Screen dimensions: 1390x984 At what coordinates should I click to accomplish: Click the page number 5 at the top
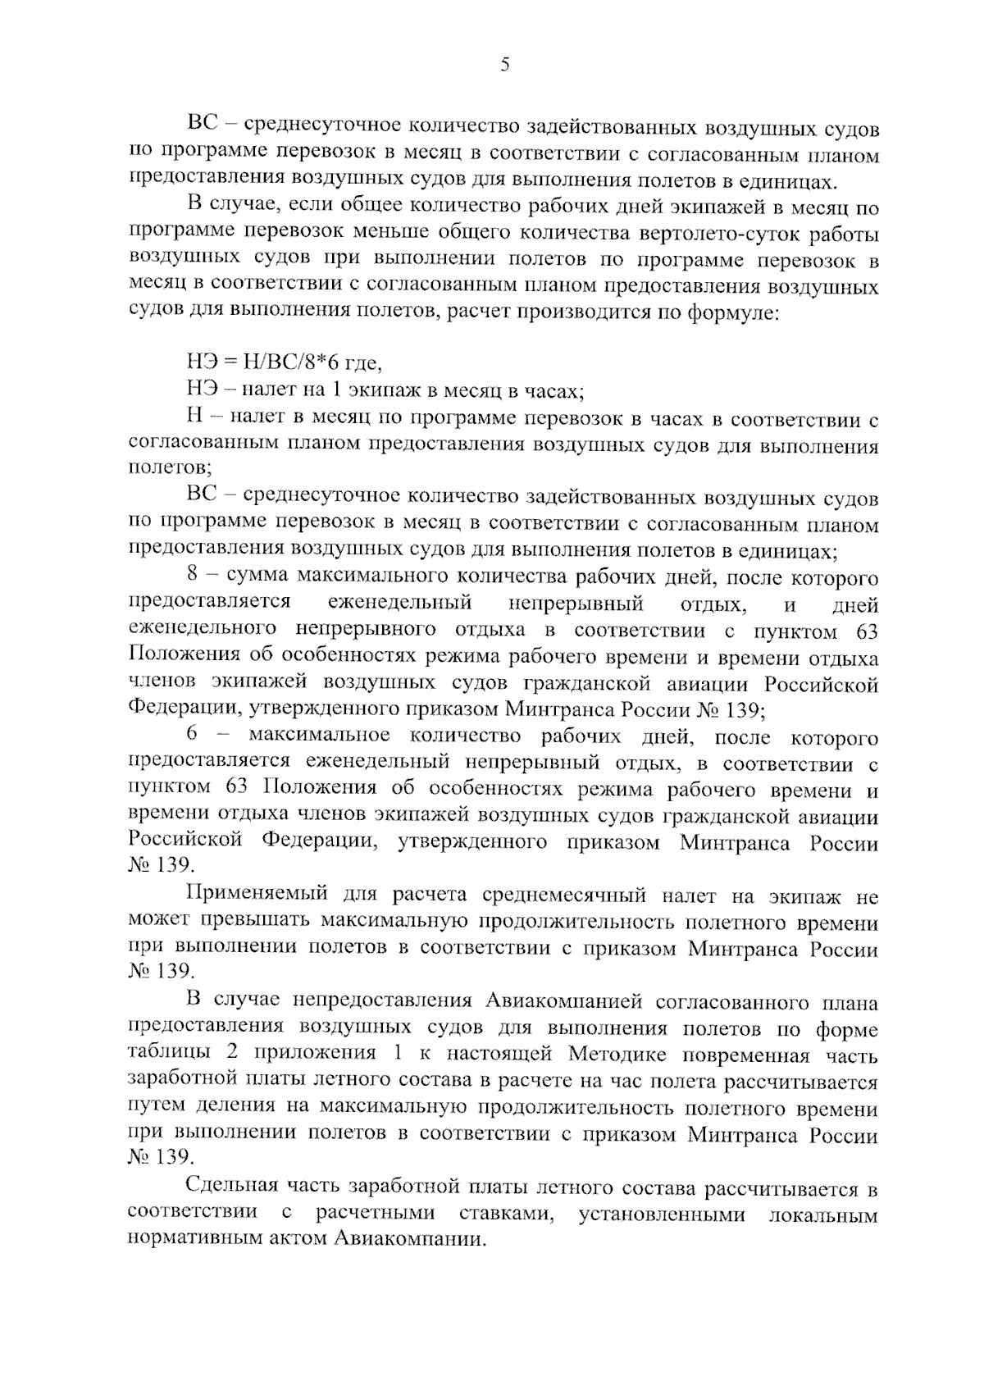pos(504,65)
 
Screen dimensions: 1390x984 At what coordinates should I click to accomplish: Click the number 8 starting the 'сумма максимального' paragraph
pos(193,579)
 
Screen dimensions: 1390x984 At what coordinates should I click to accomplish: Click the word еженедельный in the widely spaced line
pos(399,604)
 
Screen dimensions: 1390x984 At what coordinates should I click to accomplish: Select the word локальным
pos(823,1215)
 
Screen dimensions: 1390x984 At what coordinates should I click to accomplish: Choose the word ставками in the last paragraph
pos(503,1215)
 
